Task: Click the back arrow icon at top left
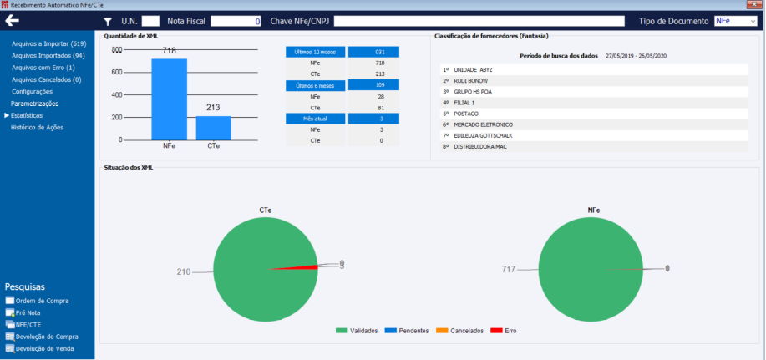(13, 20)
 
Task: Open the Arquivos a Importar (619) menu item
(49, 43)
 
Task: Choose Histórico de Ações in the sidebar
(37, 128)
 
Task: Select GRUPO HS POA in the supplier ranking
(474, 92)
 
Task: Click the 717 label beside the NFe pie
(508, 269)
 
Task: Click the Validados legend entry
(358, 331)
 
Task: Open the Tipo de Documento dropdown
(735, 21)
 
